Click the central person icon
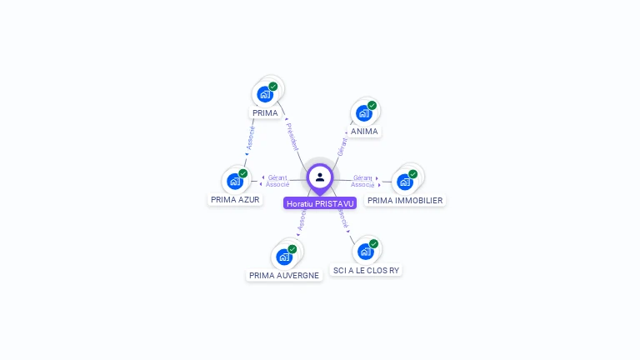pyautogui.click(x=320, y=177)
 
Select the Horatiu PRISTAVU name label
pyautogui.click(x=320, y=203)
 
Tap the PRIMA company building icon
pyautogui.click(x=265, y=94)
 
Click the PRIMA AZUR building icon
pyautogui.click(x=235, y=181)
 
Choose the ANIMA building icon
pyautogui.click(x=363, y=113)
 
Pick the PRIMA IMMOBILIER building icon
pyautogui.click(x=405, y=182)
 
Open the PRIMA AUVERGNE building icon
pyautogui.click(x=284, y=257)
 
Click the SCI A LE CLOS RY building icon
pyautogui.click(x=365, y=251)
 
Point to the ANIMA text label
pyautogui.click(x=364, y=132)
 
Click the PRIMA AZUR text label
pyautogui.click(x=235, y=200)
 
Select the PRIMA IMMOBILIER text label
pyautogui.click(x=405, y=200)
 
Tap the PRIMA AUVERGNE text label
pyautogui.click(x=284, y=276)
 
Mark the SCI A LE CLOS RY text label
pyautogui.click(x=367, y=270)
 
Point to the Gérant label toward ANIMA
pyautogui.click(x=342, y=147)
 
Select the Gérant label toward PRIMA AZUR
pyautogui.click(x=277, y=177)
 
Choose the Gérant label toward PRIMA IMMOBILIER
pyautogui.click(x=362, y=177)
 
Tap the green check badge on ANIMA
pyautogui.click(x=372, y=106)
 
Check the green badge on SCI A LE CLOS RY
pyautogui.click(x=373, y=244)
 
